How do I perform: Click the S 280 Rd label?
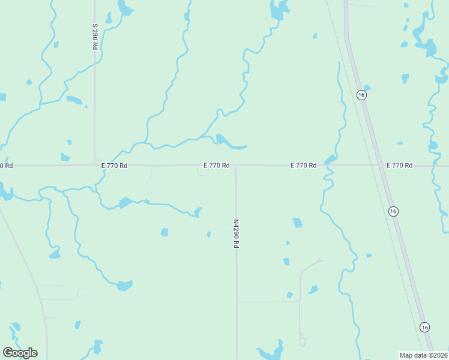tap(95, 37)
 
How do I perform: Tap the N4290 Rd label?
tap(236, 233)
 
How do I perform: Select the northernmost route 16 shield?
tap(361, 95)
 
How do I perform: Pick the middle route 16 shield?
tap(393, 211)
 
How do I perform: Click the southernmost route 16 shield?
tap(424, 327)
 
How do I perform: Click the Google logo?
tap(20, 353)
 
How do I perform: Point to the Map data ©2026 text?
tap(424, 355)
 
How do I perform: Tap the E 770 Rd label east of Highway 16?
tap(400, 165)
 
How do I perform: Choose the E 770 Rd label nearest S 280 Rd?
tap(114, 165)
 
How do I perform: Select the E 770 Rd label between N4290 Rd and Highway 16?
tap(303, 165)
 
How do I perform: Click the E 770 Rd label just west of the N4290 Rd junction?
tap(217, 165)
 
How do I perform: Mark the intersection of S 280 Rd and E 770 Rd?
tap(95, 164)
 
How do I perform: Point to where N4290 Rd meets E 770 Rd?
tap(235, 166)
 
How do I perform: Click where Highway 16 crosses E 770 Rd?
tap(380, 165)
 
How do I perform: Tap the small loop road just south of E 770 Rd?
tap(203, 172)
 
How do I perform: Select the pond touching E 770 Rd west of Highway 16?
tap(330, 160)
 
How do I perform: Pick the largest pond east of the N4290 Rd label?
tap(297, 223)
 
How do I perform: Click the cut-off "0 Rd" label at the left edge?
tap(6, 165)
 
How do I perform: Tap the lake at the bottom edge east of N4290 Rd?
tap(270, 353)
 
